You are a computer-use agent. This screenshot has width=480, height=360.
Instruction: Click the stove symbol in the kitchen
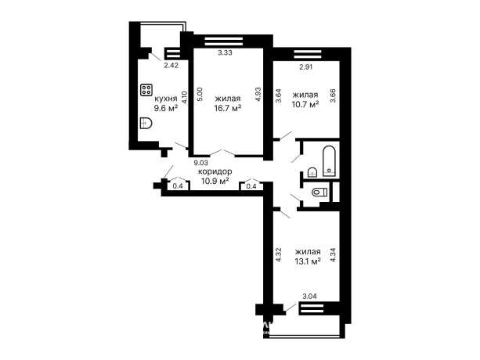point(146,90)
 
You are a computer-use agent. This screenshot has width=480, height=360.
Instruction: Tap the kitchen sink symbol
point(146,123)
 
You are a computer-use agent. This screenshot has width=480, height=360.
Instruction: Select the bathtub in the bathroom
point(330,161)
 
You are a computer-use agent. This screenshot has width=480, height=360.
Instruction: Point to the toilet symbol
point(319,193)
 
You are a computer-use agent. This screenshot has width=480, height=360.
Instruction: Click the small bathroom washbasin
point(312,172)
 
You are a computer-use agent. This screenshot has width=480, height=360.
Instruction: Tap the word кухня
point(166,99)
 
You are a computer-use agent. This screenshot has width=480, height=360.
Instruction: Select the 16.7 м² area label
point(227,108)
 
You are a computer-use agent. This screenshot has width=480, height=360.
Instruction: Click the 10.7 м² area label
point(306,104)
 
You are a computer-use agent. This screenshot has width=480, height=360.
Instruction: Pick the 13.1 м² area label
point(308,261)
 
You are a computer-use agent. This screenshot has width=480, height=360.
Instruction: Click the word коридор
point(215,171)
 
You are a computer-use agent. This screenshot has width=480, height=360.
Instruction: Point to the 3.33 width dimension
point(225,52)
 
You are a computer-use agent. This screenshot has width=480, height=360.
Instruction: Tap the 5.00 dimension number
point(200,94)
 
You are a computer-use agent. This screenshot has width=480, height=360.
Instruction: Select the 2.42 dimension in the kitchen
point(171,65)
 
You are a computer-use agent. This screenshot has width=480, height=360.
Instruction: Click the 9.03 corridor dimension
point(200,163)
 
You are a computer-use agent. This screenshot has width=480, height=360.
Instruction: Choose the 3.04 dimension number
point(309,296)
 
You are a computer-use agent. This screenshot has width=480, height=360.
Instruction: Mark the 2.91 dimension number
point(306,67)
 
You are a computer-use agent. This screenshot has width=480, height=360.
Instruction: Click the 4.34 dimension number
point(333,254)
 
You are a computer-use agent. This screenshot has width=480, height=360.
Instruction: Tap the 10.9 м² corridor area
point(215,181)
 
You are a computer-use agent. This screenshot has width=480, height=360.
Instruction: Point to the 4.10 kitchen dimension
point(184,98)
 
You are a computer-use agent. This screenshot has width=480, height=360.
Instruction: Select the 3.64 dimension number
point(279,95)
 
